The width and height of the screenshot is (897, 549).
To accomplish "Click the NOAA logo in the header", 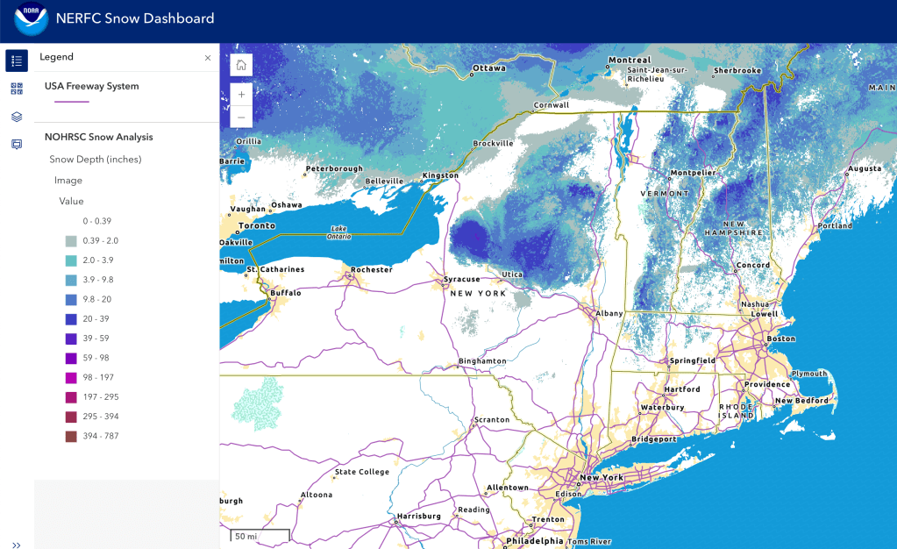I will pyautogui.click(x=31, y=18).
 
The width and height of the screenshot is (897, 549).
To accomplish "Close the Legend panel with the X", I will pyautogui.click(x=208, y=57).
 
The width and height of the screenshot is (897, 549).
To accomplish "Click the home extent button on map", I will pyautogui.click(x=241, y=65).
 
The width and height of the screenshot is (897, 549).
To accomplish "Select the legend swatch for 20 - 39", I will pyautogui.click(x=71, y=319).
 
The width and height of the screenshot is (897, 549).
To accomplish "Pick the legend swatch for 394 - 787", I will pyautogui.click(x=71, y=436).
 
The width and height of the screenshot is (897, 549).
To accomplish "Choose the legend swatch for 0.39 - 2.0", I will pyautogui.click(x=71, y=241).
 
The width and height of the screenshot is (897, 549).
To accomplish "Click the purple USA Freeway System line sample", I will pyautogui.click(x=72, y=102).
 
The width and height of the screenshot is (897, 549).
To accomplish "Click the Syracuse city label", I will pyautogui.click(x=462, y=279).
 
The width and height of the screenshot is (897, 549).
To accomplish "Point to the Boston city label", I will pyautogui.click(x=780, y=339).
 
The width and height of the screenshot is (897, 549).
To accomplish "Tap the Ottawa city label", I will pyautogui.click(x=489, y=68).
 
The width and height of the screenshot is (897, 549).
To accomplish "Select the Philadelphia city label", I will pyautogui.click(x=534, y=541).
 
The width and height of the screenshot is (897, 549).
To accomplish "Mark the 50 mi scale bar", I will pyautogui.click(x=260, y=536).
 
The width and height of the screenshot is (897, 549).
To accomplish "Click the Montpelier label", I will pyautogui.click(x=687, y=173).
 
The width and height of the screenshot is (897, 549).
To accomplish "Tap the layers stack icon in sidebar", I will pyautogui.click(x=17, y=117).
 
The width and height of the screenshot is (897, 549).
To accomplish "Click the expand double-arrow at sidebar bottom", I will pyautogui.click(x=17, y=545).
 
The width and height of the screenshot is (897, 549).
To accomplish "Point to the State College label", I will pyautogui.click(x=361, y=473).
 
